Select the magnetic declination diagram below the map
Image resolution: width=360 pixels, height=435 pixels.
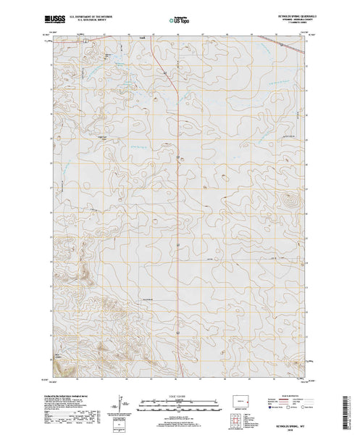tap(122, 402)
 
